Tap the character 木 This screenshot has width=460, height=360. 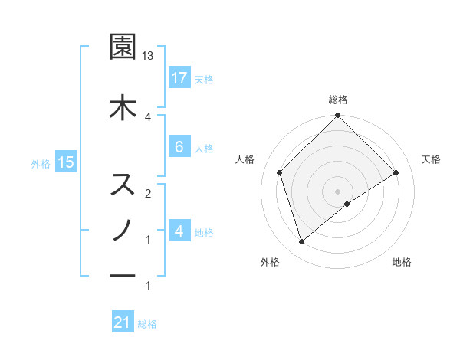pos(123,106)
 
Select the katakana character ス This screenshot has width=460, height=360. pos(123,185)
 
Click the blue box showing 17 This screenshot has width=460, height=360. pos(179,77)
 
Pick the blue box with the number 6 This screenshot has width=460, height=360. pos(179,147)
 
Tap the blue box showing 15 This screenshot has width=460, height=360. pos(65,162)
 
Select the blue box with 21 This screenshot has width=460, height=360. pos(123,322)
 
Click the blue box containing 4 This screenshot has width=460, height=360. pos(179,231)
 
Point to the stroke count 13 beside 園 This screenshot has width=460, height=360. pos(148,56)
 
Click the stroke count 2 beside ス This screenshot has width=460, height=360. pos(148,194)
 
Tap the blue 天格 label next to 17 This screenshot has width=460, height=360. pos(204,79)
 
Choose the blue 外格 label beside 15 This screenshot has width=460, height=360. pos(41,163)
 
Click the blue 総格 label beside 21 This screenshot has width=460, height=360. pos(147,324)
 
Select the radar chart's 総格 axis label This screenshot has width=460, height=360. pos(337,100)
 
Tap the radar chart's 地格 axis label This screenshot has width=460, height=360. pos(402,262)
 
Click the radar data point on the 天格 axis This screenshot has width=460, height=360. pos(396,172)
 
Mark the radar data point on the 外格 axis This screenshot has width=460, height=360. pos(301,242)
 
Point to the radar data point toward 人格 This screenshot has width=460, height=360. pos(280,172)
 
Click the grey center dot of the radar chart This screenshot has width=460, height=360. pos(337,191)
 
